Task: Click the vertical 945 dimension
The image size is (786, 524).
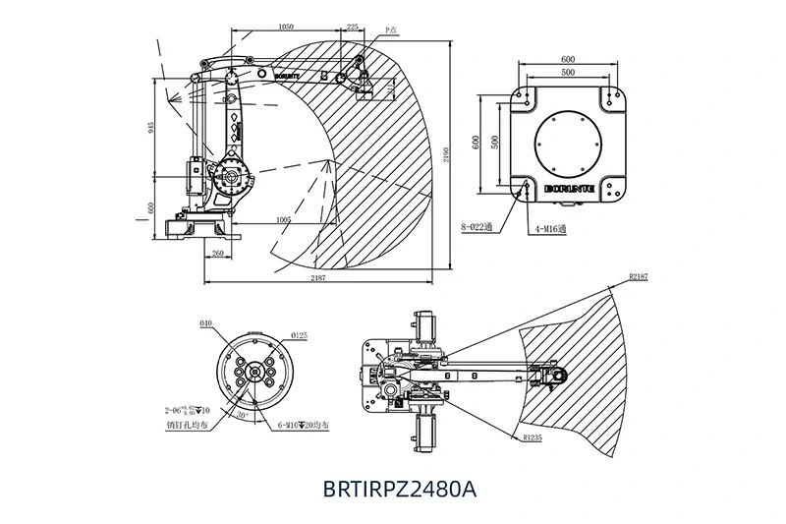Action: (x=150, y=131)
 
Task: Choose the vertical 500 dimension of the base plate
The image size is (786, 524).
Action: (x=496, y=141)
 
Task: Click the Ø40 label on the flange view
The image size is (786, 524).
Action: (x=205, y=323)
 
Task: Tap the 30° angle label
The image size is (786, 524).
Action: (x=243, y=416)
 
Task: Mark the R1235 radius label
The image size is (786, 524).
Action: (x=533, y=436)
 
